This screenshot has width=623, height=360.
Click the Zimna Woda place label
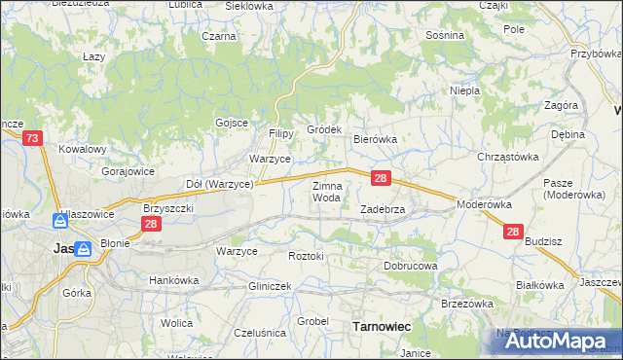pos(326,191)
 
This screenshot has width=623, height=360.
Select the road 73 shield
pos(33,139)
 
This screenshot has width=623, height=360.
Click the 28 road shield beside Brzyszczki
pos(151,224)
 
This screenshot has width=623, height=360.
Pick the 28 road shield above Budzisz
pos(513,232)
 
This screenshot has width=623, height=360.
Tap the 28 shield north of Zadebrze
pos(382,178)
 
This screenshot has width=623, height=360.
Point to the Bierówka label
pos(375,139)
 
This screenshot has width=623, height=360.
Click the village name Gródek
pos(324,129)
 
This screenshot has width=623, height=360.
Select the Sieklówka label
pos(249,6)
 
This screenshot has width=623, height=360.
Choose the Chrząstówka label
pos(507,157)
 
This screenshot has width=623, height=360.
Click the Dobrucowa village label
pos(411,265)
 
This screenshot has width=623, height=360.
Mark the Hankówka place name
pos(173,280)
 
